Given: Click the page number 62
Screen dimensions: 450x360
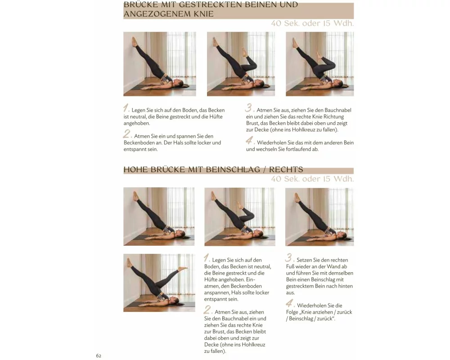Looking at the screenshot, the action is click(x=99, y=355).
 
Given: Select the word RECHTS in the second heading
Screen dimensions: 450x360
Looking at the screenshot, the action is click(x=286, y=169).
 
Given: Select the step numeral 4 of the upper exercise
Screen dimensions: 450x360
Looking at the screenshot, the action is click(x=250, y=141).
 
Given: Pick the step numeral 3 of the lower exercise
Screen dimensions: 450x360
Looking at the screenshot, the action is click(x=289, y=257).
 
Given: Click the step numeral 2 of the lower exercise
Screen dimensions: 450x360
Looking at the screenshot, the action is click(x=207, y=310).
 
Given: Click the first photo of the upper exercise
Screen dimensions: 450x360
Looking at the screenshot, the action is click(x=160, y=64).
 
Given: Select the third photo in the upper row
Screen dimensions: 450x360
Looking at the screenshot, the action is click(x=319, y=64).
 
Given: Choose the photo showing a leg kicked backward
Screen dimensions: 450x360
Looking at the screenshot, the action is click(x=159, y=283).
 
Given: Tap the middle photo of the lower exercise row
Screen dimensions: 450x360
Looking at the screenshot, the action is click(x=240, y=217).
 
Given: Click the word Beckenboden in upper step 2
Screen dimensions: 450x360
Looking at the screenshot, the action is click(x=137, y=143).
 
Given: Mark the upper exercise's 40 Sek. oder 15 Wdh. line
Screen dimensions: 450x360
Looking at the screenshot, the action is click(x=312, y=23).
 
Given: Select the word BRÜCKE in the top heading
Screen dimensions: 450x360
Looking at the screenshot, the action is click(x=139, y=4).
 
